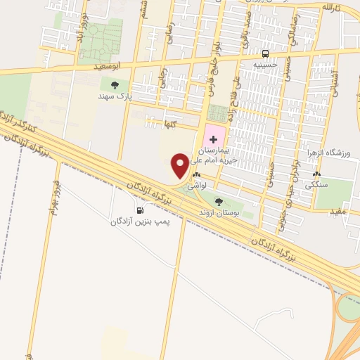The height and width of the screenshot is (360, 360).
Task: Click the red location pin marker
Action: coord(180,166)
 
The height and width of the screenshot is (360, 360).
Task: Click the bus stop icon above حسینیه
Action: coord(265,53)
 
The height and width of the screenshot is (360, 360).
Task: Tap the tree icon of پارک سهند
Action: coord(115,84)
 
